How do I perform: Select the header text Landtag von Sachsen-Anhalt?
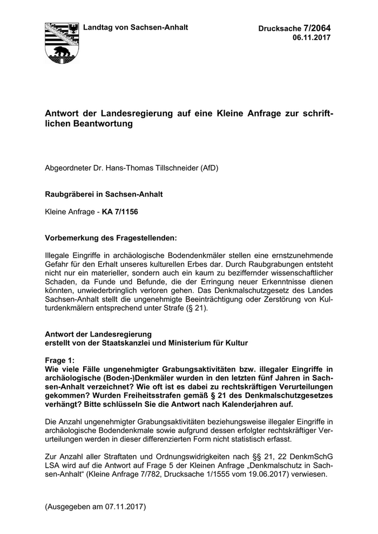[x=135, y=27]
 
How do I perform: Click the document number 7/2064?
[x=318, y=28]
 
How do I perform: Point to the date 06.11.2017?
[x=312, y=37]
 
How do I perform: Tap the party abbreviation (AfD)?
[x=210, y=168]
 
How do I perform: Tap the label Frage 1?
[x=61, y=360]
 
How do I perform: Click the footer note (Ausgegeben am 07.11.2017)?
[x=96, y=508]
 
